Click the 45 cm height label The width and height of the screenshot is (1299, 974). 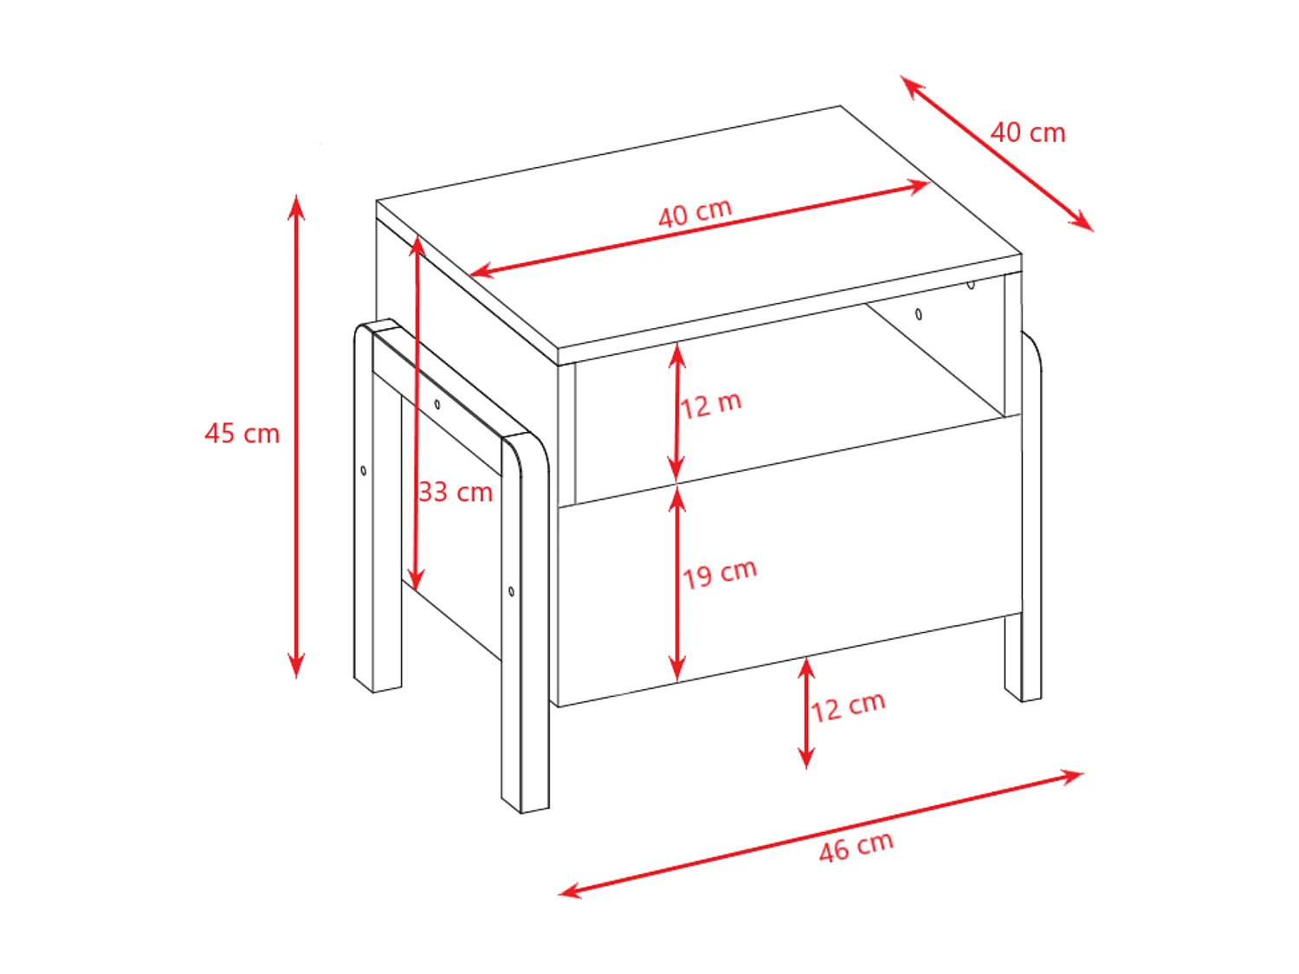click(242, 433)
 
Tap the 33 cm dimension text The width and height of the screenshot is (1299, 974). click(456, 492)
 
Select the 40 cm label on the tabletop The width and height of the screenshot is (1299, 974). click(695, 213)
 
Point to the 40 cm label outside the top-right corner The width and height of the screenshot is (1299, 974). click(1028, 132)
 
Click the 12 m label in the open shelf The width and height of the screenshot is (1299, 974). click(710, 404)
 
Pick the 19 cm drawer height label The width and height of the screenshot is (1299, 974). click(719, 573)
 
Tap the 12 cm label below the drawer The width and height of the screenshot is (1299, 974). click(848, 706)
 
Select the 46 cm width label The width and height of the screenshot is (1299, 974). click(856, 846)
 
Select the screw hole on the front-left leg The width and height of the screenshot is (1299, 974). click(512, 591)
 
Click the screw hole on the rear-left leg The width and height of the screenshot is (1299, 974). click(364, 471)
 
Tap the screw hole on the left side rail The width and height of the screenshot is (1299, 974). click(437, 404)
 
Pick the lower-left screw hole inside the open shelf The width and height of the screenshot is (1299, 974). click(919, 314)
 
